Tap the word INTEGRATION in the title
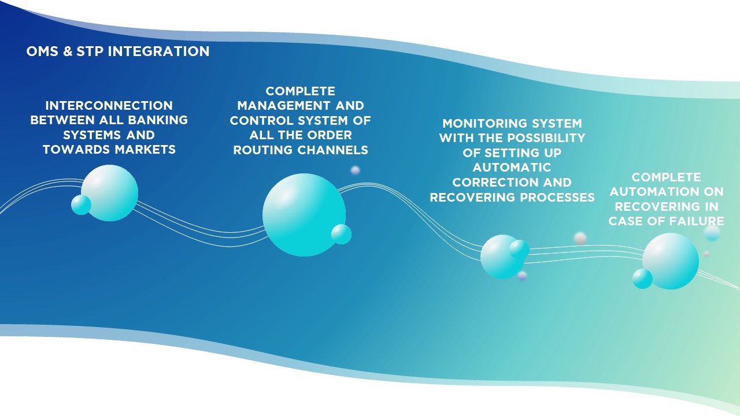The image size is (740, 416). coord(158,51)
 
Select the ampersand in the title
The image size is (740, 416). coord(68,51)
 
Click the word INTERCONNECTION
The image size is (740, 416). coord(109,106)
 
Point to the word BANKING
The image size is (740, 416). coord(158,120)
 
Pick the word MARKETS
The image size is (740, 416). coord(145,150)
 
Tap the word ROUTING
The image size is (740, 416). coord(263,150)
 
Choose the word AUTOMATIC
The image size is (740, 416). coord(512,168)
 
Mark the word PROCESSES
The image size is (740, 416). coord(557,198)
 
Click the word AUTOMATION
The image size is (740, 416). coord(654,192)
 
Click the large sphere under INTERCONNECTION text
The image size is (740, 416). coord(110,193)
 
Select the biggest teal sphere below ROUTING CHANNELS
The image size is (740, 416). coord(304,215)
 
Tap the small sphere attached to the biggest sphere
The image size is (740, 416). coord(341,235)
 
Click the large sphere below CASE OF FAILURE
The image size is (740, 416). coord(671,261)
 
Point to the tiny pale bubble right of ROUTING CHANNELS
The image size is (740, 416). coord(355,170)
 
